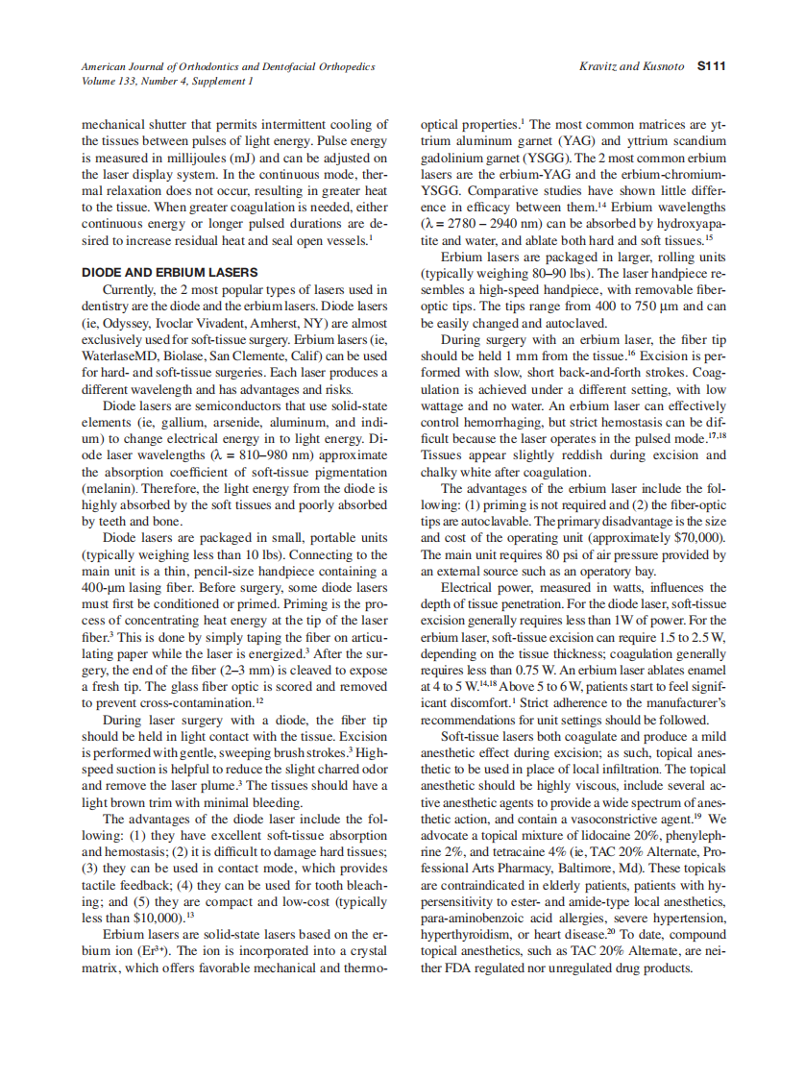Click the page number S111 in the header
pos(711,66)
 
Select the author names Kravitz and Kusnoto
pos(632,66)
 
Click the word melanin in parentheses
pos(109,487)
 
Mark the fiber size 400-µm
pos(105,586)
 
